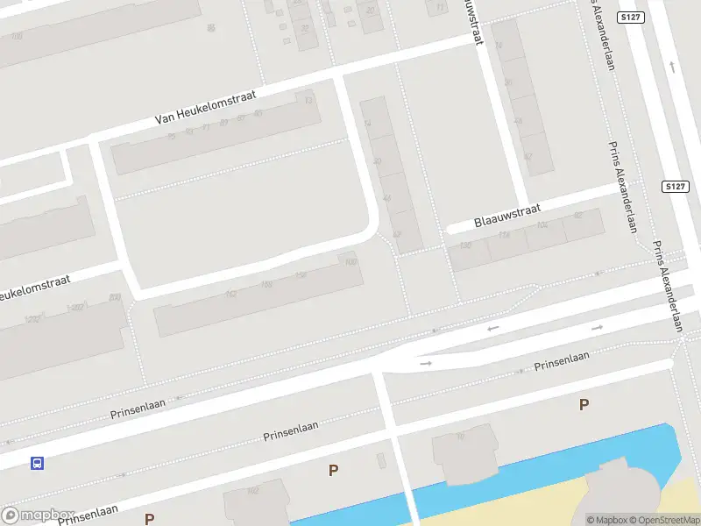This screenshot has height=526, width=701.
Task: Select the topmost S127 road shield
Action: (629, 18)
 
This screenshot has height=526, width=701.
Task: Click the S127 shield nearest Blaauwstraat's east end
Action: (674, 187)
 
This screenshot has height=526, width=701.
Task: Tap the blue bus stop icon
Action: (37, 463)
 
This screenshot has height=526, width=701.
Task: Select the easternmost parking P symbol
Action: (584, 404)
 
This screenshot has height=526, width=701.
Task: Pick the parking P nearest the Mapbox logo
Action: (150, 519)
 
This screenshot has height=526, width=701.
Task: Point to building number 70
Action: (460, 436)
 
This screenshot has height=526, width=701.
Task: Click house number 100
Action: (350, 261)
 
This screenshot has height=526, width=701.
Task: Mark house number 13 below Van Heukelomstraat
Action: (308, 101)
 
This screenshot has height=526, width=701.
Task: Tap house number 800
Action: (115, 298)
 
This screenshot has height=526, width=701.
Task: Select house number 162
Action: (231, 294)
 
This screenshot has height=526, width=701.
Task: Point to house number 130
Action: (465, 245)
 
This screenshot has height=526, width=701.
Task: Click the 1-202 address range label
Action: (74, 308)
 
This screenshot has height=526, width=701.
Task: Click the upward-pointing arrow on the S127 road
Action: (672, 66)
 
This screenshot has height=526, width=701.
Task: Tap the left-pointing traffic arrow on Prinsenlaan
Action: (493, 329)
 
